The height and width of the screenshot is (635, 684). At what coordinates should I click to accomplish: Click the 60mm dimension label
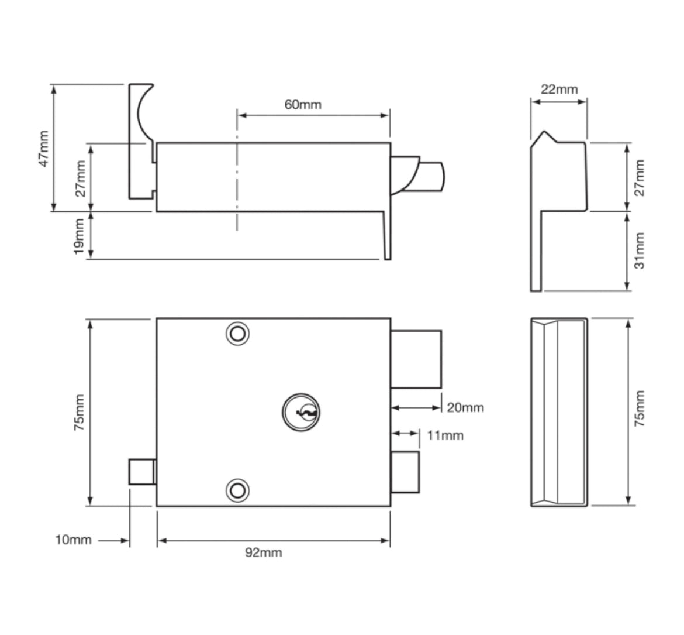(302, 105)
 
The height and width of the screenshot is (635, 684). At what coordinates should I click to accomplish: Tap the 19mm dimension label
(79, 236)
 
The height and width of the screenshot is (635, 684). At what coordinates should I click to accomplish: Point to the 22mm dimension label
(558, 90)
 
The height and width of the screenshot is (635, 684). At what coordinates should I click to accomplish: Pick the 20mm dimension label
(465, 407)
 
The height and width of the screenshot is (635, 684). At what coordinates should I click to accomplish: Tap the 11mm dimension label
(445, 435)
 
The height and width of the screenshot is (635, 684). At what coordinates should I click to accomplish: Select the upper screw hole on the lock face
(237, 334)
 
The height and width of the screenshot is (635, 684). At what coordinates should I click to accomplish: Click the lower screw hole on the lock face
(237, 490)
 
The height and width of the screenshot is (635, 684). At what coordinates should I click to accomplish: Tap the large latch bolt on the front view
(416, 359)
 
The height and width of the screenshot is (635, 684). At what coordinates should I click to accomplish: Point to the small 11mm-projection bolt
(405, 472)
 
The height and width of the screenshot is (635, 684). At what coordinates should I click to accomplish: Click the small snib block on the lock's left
(142, 472)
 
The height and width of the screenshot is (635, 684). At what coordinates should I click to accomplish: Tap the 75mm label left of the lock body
(79, 413)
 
